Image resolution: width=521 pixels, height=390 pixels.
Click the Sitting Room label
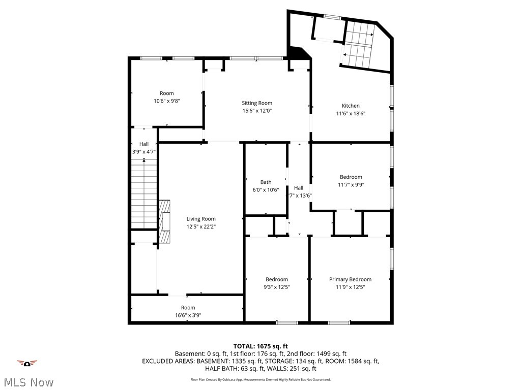tap(257, 103)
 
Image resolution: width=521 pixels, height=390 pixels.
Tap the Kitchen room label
tap(351, 106)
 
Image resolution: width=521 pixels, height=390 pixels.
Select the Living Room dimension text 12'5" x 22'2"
tap(201, 226)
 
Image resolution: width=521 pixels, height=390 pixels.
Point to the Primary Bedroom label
tap(350, 279)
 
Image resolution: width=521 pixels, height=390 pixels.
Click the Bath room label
tap(266, 182)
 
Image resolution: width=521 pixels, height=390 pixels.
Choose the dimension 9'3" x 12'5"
tap(277, 287)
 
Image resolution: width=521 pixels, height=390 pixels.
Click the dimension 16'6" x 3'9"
tap(188, 315)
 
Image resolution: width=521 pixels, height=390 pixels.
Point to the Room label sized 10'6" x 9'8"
tap(166, 93)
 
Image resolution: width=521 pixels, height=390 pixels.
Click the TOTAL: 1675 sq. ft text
tap(260, 346)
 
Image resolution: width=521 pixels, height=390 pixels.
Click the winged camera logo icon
tap(27, 363)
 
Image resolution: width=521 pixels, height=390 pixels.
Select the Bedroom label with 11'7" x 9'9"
tap(351, 177)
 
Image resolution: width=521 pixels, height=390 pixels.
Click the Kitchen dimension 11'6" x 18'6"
tap(351, 114)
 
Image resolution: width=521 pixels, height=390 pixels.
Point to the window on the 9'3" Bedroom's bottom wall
tap(287, 322)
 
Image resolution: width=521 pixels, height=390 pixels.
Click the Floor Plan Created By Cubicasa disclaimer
tap(260, 379)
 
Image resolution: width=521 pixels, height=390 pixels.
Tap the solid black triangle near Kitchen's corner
tap(298, 53)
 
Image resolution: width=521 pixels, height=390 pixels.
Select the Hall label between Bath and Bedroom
tap(299, 188)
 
